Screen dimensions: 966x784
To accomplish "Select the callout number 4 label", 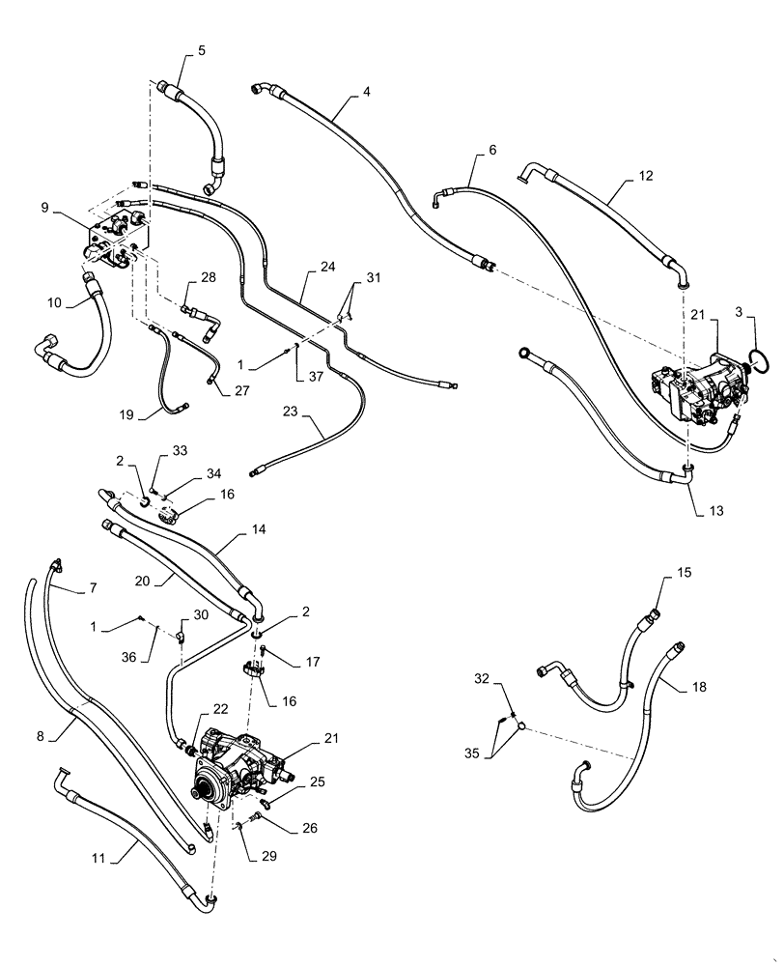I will click(x=367, y=93).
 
